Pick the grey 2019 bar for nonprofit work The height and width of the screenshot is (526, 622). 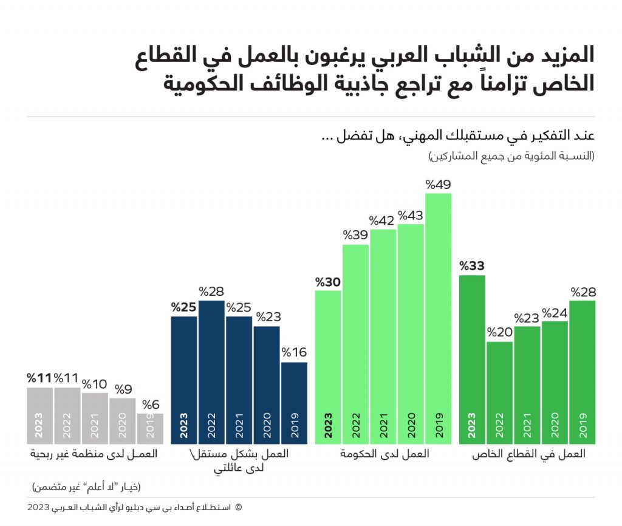150,428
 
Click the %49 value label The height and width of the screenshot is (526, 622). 438,185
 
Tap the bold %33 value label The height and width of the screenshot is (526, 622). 472,266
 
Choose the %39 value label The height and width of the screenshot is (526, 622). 355,235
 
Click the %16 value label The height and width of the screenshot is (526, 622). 294,353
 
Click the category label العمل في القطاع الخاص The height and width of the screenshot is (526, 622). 529,454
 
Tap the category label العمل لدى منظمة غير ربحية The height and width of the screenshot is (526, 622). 93,454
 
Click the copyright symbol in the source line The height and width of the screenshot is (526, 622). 238,507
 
